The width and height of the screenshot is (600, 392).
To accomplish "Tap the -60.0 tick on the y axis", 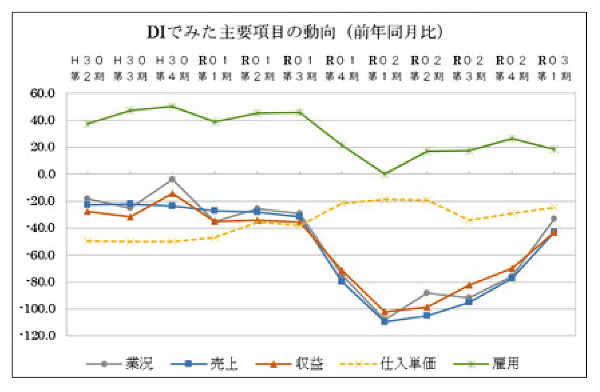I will tap(42, 255).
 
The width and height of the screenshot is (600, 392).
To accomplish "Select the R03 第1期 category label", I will tap(554, 68).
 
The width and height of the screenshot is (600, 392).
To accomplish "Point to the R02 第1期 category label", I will tap(384, 68).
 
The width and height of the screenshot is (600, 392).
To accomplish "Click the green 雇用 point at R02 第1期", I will tap(385, 174).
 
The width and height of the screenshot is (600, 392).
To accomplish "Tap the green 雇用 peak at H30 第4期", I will tap(172, 106).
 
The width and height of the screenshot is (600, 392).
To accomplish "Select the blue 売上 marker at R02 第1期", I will tap(385, 321).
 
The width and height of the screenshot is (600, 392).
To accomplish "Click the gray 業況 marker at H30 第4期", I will tap(172, 179).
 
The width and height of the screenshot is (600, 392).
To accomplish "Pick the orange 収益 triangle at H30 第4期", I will tap(172, 193).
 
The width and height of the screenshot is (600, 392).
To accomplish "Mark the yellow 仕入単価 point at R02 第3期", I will tap(469, 220).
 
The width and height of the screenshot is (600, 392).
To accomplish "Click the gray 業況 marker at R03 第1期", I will tap(554, 218).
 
